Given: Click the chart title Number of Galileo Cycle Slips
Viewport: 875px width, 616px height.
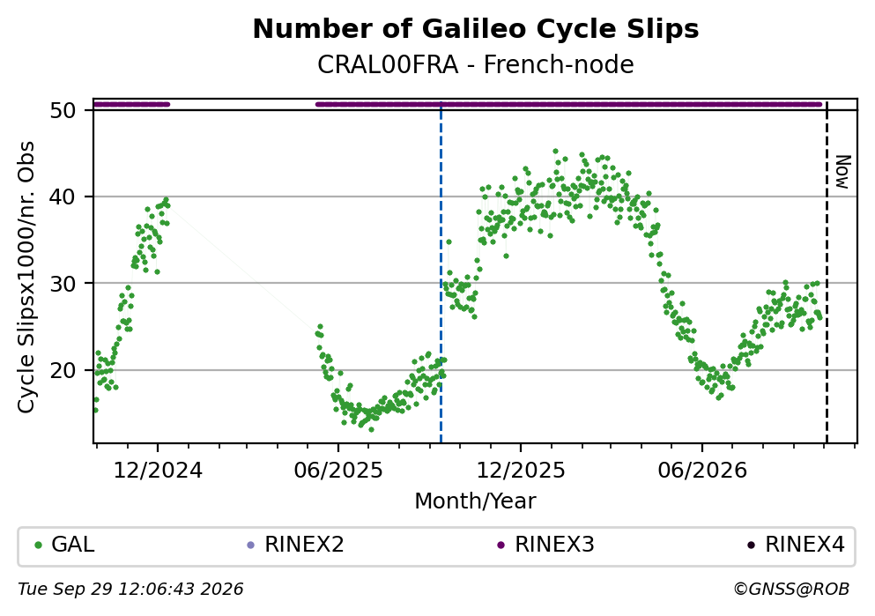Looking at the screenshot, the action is click(476, 29).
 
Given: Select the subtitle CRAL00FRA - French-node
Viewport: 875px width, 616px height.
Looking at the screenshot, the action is click(476, 64).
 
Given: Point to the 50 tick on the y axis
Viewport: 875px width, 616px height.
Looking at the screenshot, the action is click(63, 110).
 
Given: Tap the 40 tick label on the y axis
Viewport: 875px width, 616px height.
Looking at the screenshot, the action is click(63, 197).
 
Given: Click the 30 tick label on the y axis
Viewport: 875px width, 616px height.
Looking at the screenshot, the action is click(63, 284).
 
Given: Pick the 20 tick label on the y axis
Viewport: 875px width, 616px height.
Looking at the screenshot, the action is click(63, 370).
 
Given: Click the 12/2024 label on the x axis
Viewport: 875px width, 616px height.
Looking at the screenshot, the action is click(158, 471).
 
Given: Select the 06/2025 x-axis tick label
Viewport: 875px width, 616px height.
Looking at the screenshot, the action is click(338, 471).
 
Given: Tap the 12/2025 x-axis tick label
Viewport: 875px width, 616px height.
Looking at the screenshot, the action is click(521, 471).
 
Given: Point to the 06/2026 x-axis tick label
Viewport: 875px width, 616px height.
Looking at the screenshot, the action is click(702, 471).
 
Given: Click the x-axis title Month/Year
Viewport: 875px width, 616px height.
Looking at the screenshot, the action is click(475, 501).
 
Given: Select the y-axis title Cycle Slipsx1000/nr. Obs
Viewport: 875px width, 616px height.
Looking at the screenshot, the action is click(26, 278).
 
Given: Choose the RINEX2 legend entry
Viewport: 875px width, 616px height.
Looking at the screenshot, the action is click(295, 544).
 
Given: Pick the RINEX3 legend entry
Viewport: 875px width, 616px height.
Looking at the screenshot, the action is click(545, 544).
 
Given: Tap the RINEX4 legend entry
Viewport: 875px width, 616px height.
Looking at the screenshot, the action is click(796, 544).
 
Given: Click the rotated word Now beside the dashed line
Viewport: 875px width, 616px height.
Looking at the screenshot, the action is click(842, 172).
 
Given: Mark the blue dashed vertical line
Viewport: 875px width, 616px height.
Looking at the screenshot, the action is click(441, 273).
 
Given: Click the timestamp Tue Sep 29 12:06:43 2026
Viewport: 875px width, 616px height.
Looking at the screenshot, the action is click(130, 590).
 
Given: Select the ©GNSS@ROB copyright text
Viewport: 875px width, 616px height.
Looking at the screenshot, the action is click(791, 590).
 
